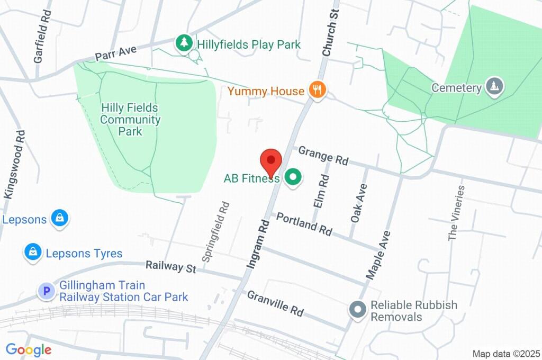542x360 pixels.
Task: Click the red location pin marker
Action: tap(271, 161)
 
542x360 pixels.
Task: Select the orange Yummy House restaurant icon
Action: tap(318, 90)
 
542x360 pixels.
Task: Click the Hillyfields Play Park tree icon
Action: tap(184, 43)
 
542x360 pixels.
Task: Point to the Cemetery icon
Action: tap(494, 86)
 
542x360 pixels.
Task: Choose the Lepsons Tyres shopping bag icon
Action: tap(33, 253)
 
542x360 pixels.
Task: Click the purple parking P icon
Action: tap(47, 291)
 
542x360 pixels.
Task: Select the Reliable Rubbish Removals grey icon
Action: tap(358, 310)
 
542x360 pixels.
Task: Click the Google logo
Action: tap(28, 350)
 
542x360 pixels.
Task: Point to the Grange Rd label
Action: tap(323, 156)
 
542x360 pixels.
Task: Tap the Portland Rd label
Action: tap(304, 224)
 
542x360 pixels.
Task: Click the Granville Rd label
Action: tap(275, 304)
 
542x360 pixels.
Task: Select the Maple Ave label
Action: tap(378, 255)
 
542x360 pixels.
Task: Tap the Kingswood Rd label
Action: tap(14, 165)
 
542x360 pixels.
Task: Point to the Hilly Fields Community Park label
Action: tap(130, 120)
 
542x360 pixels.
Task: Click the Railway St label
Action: tap(171, 266)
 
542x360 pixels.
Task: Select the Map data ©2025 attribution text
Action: tap(505, 354)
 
